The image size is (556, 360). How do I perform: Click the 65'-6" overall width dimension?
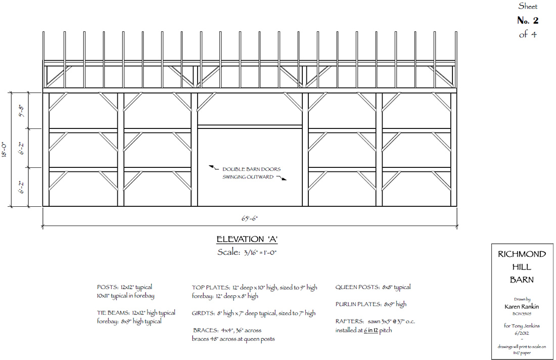pyautogui.click(x=250, y=218)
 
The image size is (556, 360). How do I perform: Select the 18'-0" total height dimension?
pyautogui.click(x=5, y=150)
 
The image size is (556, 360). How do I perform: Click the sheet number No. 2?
pyautogui.click(x=528, y=21)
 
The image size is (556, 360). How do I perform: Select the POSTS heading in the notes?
pyautogui.click(x=107, y=287)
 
